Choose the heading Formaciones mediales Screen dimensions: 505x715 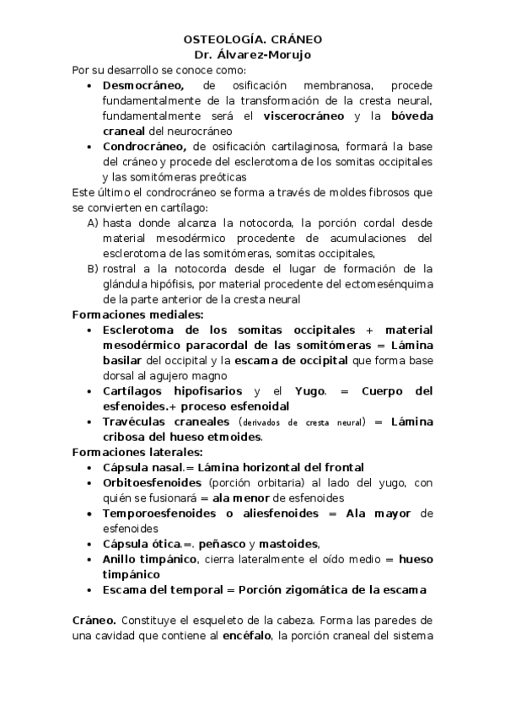(134, 314)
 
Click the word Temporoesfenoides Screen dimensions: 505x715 (158, 513)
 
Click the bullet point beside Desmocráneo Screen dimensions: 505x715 (91, 85)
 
